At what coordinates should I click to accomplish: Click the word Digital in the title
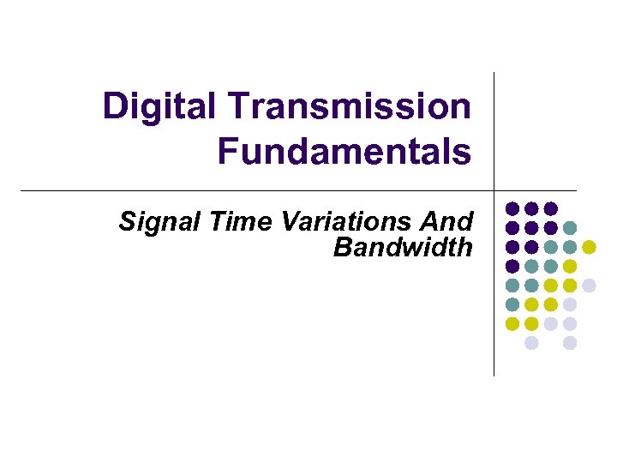click(159, 107)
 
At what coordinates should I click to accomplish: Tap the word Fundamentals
click(344, 152)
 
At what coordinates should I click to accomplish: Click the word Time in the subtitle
click(225, 222)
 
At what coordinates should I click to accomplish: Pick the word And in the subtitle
click(446, 222)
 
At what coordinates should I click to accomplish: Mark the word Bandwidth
click(403, 248)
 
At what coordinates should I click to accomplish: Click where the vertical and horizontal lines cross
click(494, 190)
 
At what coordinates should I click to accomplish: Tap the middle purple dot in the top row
click(531, 208)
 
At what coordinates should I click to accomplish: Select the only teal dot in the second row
click(570, 228)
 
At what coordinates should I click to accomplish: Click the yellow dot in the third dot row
click(589, 247)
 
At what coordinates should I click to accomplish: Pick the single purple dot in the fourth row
click(512, 267)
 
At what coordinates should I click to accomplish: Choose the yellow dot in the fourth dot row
click(570, 267)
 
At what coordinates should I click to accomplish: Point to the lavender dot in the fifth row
click(589, 286)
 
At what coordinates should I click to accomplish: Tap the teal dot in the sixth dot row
click(512, 304)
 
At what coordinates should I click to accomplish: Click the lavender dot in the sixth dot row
click(570, 304)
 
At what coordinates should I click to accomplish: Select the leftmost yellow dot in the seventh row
click(512, 324)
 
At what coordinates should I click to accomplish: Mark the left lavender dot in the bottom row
click(531, 343)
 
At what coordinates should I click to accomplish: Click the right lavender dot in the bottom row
click(570, 343)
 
